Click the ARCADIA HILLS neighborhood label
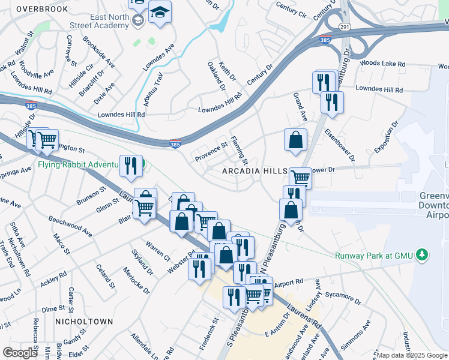point(255,171)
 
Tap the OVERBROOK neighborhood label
point(41,8)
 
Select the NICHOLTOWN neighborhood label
point(83,322)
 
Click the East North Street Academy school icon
point(138,21)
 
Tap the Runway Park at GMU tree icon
point(423,255)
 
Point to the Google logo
point(20,353)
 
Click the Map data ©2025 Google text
point(411,355)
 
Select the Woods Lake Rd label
point(382,63)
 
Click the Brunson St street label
point(91,196)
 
